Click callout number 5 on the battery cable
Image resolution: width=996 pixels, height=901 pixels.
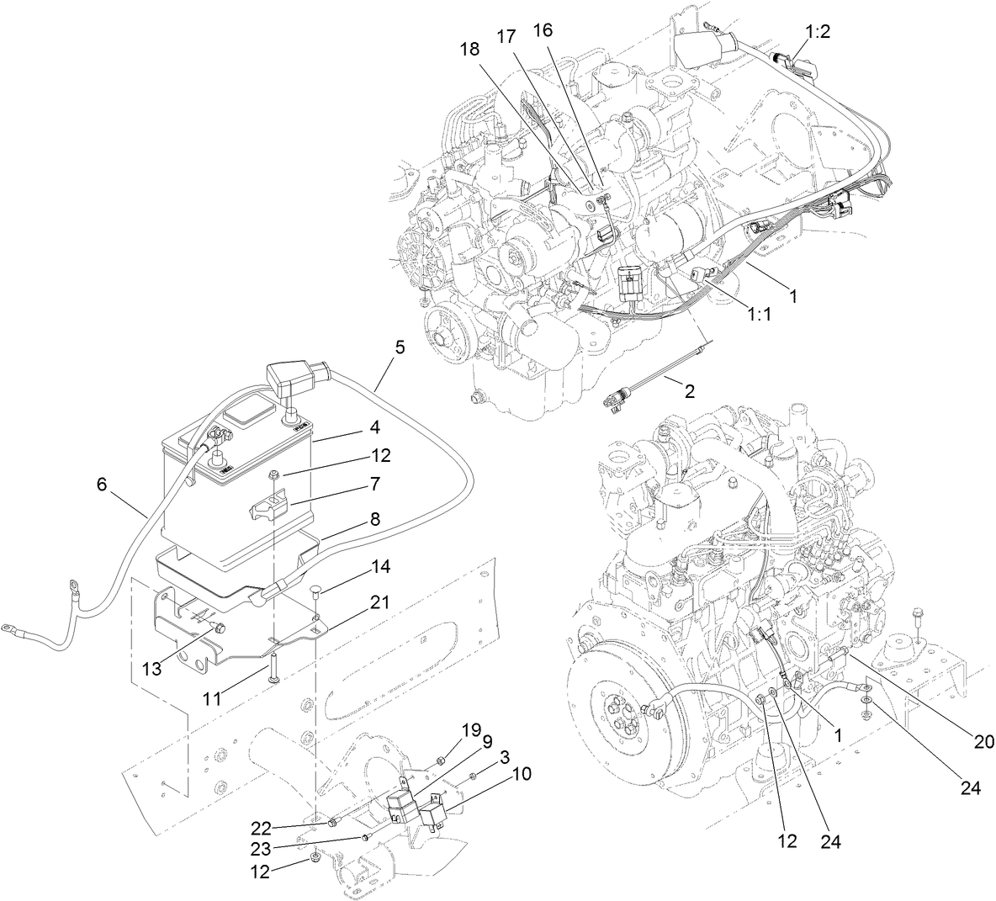point(400,345)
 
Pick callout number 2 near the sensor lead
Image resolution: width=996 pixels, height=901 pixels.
point(690,391)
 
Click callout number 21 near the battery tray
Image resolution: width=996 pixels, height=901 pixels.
point(381,602)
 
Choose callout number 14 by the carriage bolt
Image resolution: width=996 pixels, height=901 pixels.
point(380,568)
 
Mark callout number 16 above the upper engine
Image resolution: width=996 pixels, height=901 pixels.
point(543,31)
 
